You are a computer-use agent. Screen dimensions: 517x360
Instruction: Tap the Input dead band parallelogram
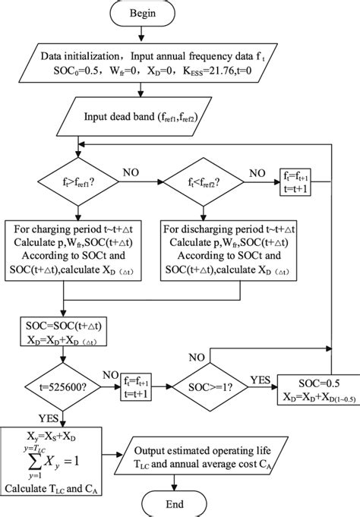pyautogui.click(x=177, y=117)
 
